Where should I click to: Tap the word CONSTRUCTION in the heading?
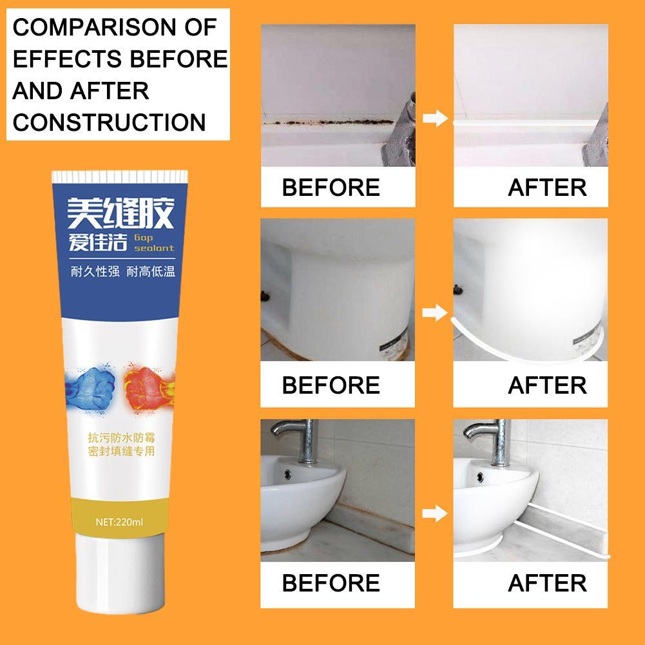[109, 121]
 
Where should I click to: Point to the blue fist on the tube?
[91, 380]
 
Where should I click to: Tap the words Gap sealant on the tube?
[154, 242]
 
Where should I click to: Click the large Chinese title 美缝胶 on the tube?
[122, 214]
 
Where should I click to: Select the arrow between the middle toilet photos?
[434, 314]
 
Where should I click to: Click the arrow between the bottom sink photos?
[434, 514]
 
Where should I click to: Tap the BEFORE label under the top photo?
[331, 188]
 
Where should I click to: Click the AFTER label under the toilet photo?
[547, 385]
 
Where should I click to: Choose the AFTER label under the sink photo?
[547, 583]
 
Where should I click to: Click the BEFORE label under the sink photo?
[331, 583]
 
